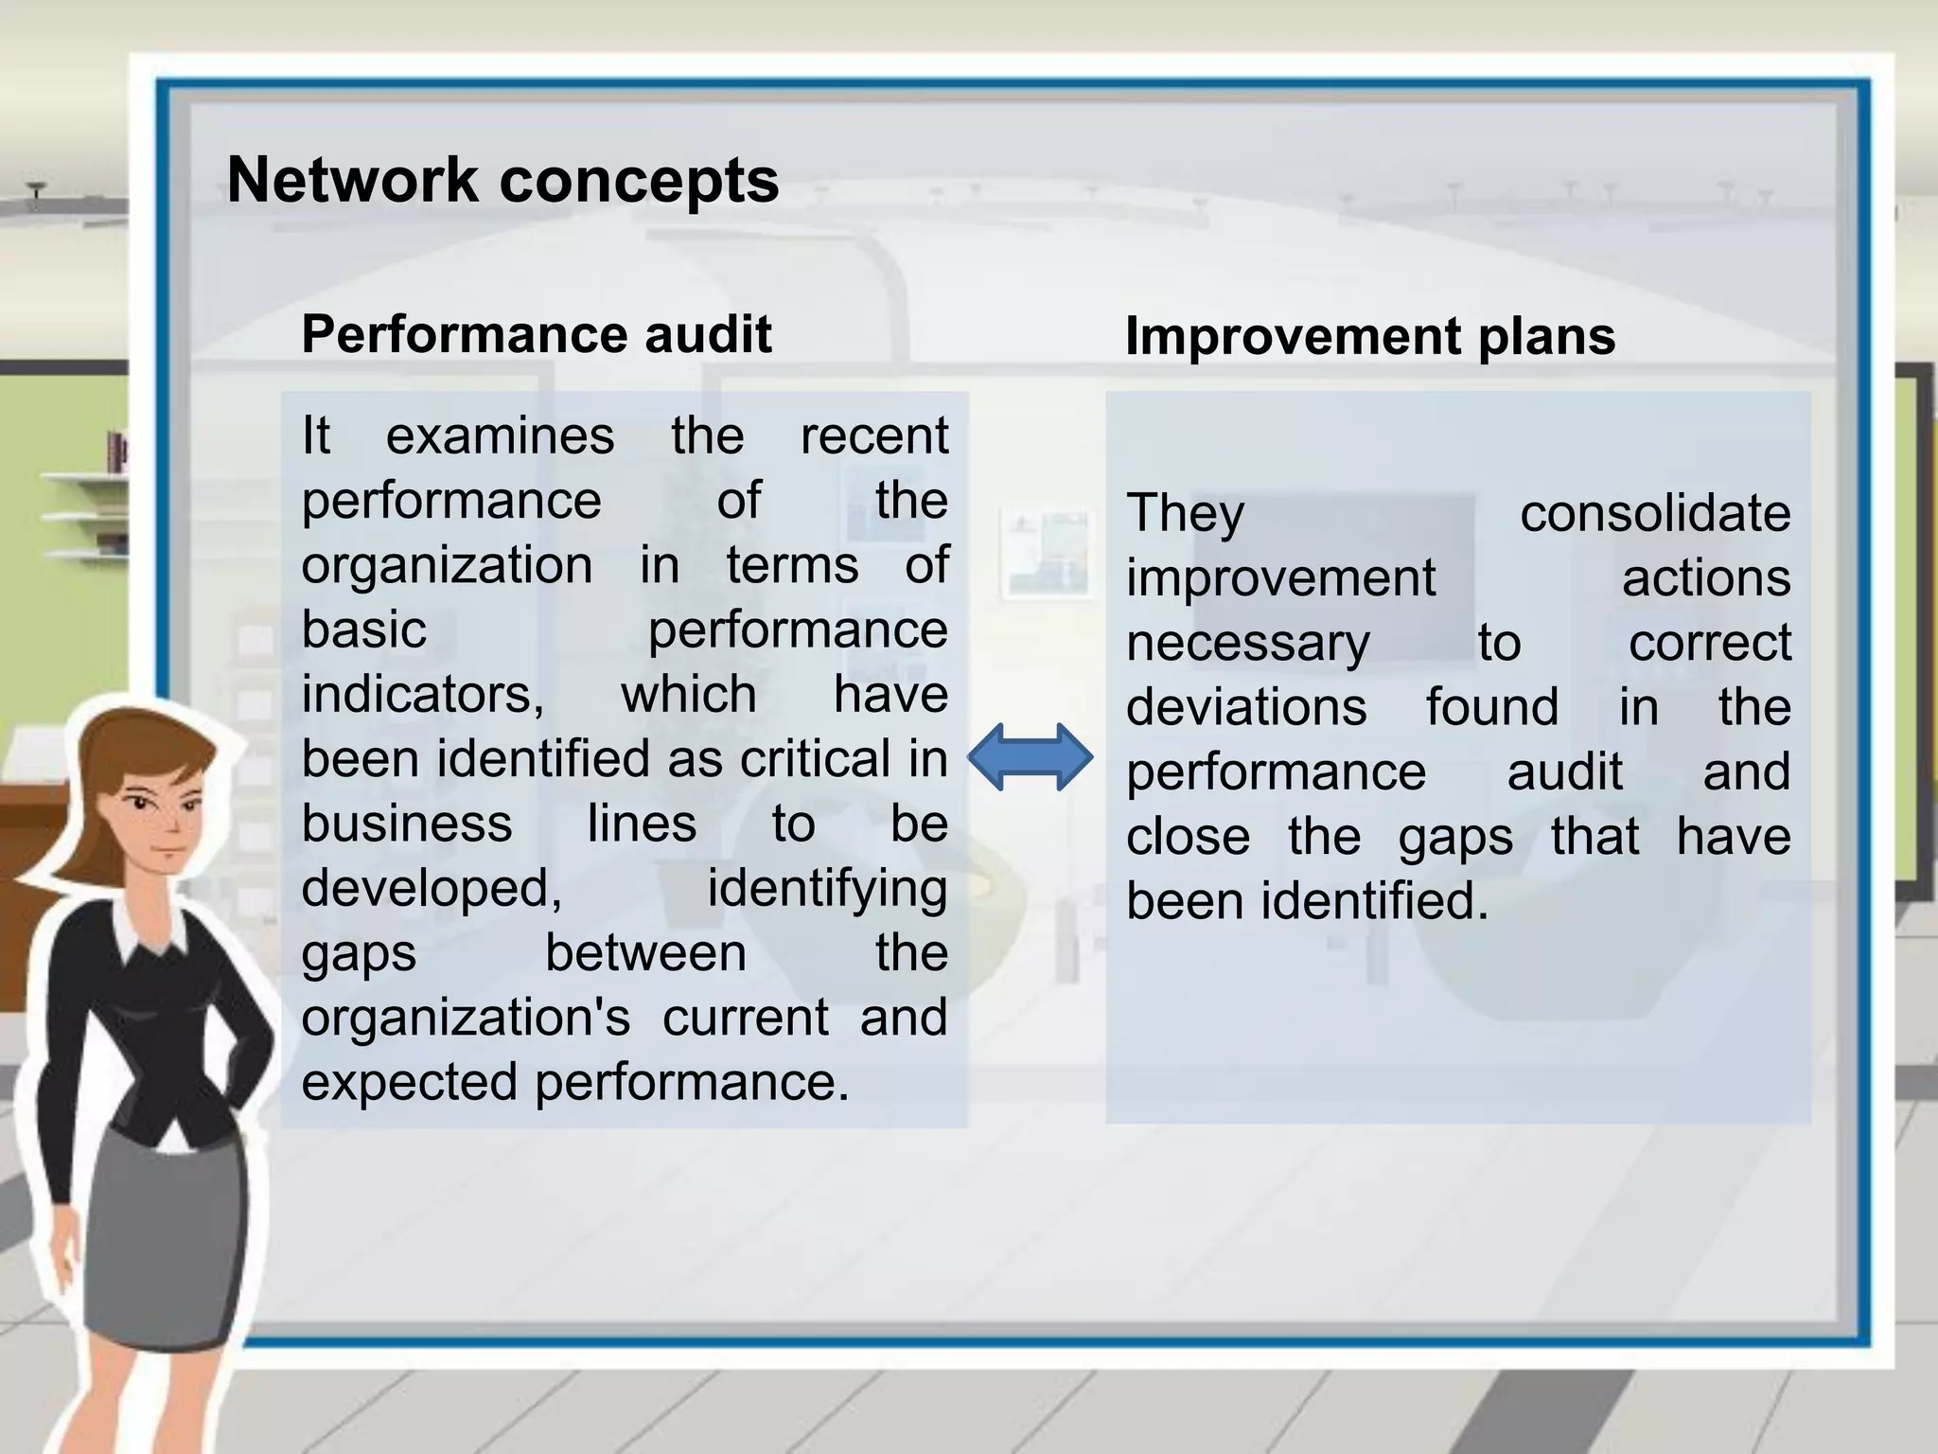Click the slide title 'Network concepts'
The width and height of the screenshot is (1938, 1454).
502,180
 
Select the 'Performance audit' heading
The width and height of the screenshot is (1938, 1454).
537,334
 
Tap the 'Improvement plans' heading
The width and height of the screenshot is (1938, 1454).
1370,336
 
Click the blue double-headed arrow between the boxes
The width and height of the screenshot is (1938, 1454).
1030,757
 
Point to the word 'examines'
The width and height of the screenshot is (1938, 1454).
500,436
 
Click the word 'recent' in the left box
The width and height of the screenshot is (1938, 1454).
873,436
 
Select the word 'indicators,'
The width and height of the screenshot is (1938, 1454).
423,695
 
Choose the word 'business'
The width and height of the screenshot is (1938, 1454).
407,824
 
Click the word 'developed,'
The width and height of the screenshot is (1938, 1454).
432,889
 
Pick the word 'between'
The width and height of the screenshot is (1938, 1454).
645,953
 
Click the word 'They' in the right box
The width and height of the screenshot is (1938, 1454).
1185,514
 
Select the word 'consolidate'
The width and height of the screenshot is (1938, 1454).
1655,514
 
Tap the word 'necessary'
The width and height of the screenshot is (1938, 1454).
1247,644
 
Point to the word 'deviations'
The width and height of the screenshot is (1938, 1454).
1246,708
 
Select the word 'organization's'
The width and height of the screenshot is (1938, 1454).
466,1018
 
